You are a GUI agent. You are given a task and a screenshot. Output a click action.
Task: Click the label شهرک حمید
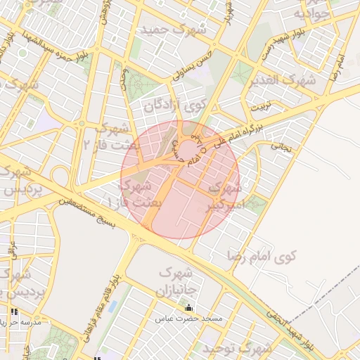[x=174, y=30]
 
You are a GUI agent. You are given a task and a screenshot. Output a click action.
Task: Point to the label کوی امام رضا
[x=262, y=255]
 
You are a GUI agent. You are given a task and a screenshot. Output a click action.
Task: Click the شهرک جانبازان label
[x=181, y=280]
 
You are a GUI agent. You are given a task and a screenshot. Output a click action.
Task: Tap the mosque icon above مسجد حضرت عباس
[x=188, y=307]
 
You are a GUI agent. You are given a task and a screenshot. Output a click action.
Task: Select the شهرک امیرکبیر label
[x=225, y=198]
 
